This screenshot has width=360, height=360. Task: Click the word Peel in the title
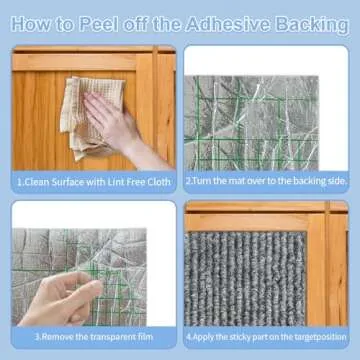tap(99, 24)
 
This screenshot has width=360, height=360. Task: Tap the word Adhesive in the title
tap(229, 24)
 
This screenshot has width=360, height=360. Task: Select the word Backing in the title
tap(312, 25)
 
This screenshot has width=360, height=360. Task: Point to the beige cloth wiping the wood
tap(90, 117)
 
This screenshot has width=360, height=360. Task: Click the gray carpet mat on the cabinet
tap(245, 279)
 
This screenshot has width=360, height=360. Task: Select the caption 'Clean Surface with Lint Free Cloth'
tap(94, 182)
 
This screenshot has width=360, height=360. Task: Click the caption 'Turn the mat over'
tap(266, 181)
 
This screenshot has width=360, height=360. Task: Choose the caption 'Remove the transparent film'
tap(94, 337)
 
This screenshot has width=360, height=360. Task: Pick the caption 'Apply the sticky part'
tap(266, 337)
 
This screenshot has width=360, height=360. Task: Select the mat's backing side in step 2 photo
tap(252, 123)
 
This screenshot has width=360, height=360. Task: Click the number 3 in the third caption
tap(37, 337)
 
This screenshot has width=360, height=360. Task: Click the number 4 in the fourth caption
tap(188, 337)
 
